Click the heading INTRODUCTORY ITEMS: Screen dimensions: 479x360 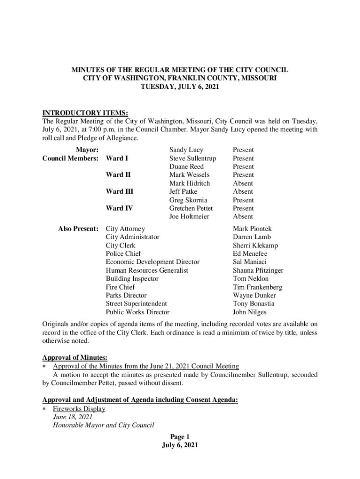(x=85, y=113)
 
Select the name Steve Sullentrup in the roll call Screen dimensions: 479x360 (x=193, y=158)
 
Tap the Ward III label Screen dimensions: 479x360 (x=119, y=191)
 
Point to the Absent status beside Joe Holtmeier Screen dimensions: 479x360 (x=243, y=217)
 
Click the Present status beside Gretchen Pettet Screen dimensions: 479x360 (x=243, y=208)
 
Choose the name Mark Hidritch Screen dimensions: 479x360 (x=189, y=183)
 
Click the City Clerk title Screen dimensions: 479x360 (x=121, y=245)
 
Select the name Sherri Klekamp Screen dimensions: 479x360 (x=255, y=245)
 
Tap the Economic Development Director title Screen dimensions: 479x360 (x=152, y=262)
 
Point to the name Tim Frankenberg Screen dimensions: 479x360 (x=258, y=287)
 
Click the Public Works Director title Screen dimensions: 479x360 (x=137, y=312)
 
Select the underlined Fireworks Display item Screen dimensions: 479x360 (x=79, y=409)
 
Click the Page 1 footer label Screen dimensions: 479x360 (x=180, y=437)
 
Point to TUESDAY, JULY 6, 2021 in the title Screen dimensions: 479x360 (x=180, y=87)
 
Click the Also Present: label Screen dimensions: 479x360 (x=78, y=229)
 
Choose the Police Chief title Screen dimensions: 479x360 (x=123, y=254)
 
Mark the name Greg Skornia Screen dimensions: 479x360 (x=188, y=200)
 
